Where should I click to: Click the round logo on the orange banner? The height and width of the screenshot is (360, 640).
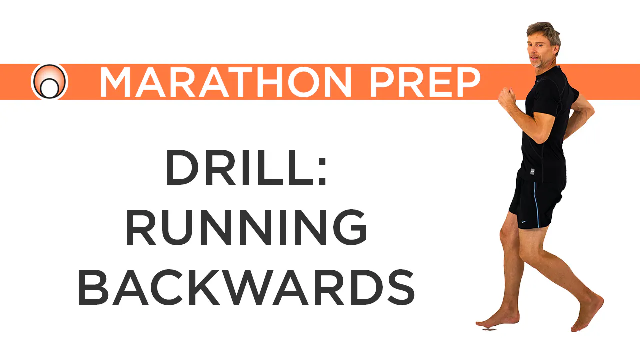(49, 82)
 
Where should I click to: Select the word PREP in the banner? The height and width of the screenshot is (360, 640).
(425, 82)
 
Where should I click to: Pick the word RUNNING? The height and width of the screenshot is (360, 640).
(246, 227)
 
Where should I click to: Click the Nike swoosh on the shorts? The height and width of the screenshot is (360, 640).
(523, 221)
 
